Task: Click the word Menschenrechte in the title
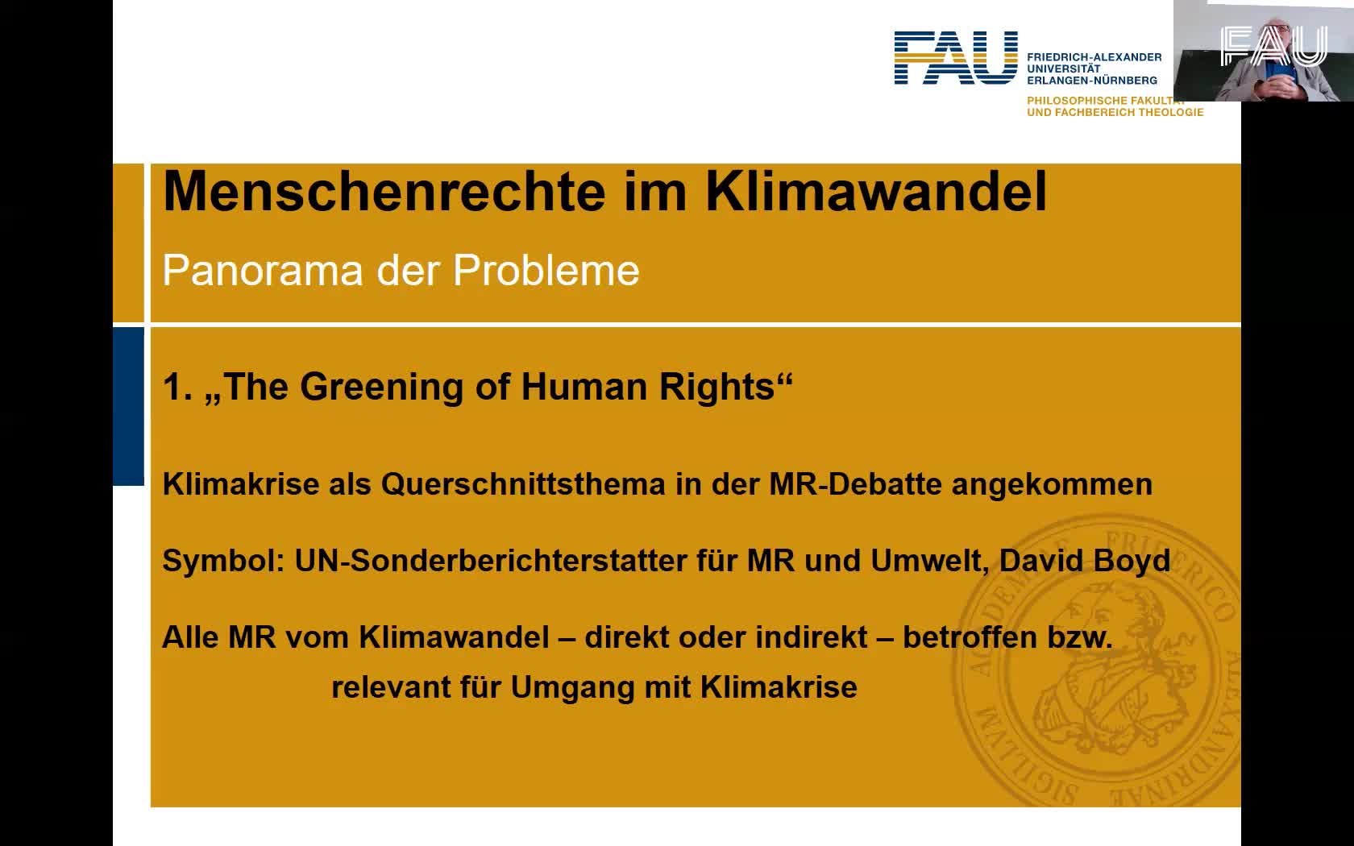(384, 192)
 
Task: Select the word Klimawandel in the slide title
(876, 192)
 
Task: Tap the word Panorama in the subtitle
(263, 270)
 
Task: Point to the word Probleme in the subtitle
(546, 270)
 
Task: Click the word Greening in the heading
(381, 387)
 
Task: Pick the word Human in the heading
(584, 387)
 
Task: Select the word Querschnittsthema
(523, 484)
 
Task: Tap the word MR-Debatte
(855, 484)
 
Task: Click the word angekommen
(1052, 485)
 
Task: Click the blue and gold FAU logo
(956, 57)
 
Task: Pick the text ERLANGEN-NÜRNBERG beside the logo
(1091, 81)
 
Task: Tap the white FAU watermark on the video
(1273, 46)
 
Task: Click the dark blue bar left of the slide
(128, 406)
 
